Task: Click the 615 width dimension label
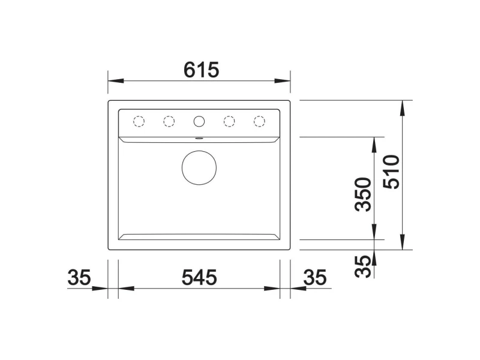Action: pyautogui.click(x=201, y=70)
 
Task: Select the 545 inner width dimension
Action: pyautogui.click(x=199, y=278)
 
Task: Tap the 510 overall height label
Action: pyautogui.click(x=392, y=172)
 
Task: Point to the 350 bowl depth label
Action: pyautogui.click(x=363, y=194)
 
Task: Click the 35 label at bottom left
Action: pyautogui.click(x=79, y=278)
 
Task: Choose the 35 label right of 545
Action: pyautogui.click(x=315, y=278)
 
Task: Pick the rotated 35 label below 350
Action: pyautogui.click(x=363, y=266)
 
